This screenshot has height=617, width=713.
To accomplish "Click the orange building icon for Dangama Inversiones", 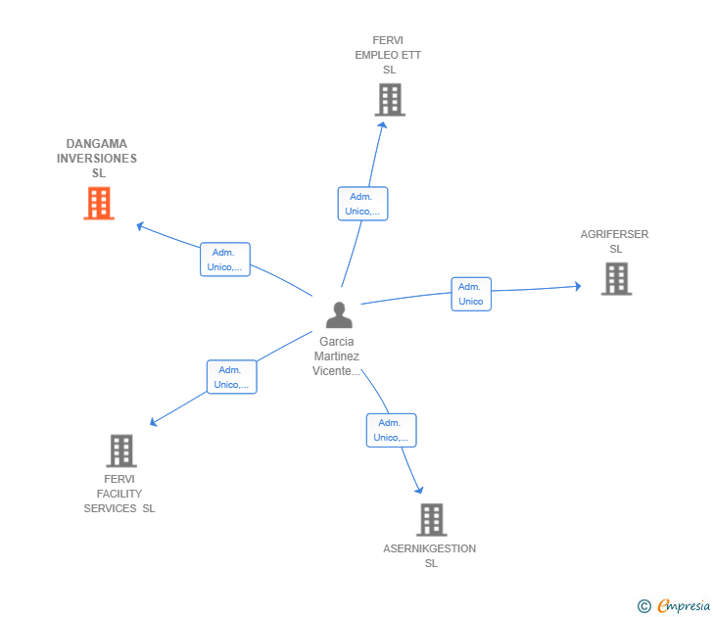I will click(99, 203).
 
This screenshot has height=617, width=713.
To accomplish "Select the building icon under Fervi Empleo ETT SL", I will click(390, 100).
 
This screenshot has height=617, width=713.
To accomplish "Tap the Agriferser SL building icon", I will click(616, 278).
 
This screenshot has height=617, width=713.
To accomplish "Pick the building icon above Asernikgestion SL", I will click(431, 519).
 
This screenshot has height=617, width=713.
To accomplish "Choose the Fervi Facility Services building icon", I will click(120, 451).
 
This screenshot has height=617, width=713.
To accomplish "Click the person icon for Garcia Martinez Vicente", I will click(339, 314).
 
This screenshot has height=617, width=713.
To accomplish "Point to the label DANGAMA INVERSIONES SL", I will click(97, 159).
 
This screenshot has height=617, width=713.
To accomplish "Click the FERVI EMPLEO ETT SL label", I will click(388, 55).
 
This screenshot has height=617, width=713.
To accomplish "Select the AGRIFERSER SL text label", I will click(614, 242).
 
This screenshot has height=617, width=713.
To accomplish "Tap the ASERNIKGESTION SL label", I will click(430, 556).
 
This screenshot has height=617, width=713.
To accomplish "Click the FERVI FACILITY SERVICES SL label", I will click(119, 494).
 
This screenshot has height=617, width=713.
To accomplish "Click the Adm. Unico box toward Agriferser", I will click(471, 294).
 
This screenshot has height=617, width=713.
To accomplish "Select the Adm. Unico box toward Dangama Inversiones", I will click(225, 260).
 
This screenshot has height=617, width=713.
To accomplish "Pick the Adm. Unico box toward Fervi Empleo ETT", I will click(362, 204).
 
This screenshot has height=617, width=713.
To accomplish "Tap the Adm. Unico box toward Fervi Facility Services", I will click(231, 377).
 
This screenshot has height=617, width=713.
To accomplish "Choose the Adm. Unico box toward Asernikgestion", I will click(391, 430).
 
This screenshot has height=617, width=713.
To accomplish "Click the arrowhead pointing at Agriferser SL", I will click(578, 286).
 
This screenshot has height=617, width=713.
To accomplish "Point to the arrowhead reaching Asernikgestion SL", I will click(420, 489).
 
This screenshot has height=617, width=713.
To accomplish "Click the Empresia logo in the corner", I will click(674, 606).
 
